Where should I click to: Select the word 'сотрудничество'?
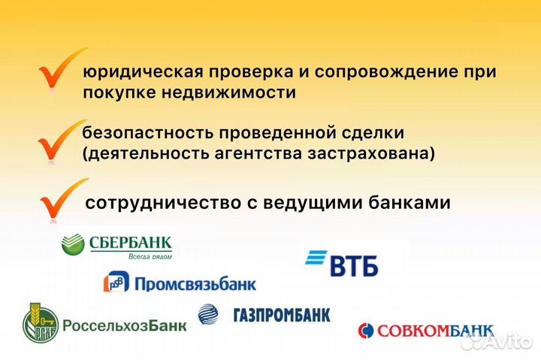[157, 203]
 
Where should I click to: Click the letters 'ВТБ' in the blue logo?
[354, 265]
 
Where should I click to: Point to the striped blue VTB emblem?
[316, 260]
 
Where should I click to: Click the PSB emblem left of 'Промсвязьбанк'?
[115, 283]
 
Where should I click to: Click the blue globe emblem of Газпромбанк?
[208, 314]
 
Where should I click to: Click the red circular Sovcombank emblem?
[366, 331]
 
